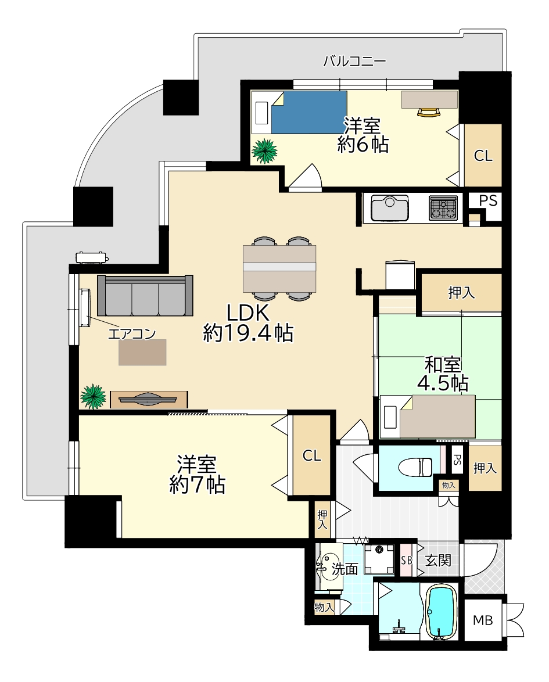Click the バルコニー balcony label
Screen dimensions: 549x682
354,61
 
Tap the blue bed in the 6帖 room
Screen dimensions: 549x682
309,112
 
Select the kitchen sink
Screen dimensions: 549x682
389,209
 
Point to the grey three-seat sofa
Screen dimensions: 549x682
145,295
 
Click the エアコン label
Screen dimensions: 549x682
132,334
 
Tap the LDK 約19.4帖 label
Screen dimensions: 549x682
248,323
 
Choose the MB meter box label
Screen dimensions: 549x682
483,620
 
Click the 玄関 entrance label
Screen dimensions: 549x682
437,560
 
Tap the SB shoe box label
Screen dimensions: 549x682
406,560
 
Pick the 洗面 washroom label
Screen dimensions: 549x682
345,569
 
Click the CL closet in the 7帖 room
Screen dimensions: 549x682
311,455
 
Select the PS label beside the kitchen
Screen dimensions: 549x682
488,200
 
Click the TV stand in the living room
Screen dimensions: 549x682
149,399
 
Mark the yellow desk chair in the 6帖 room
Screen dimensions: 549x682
429,112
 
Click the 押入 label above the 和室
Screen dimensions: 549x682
461,293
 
